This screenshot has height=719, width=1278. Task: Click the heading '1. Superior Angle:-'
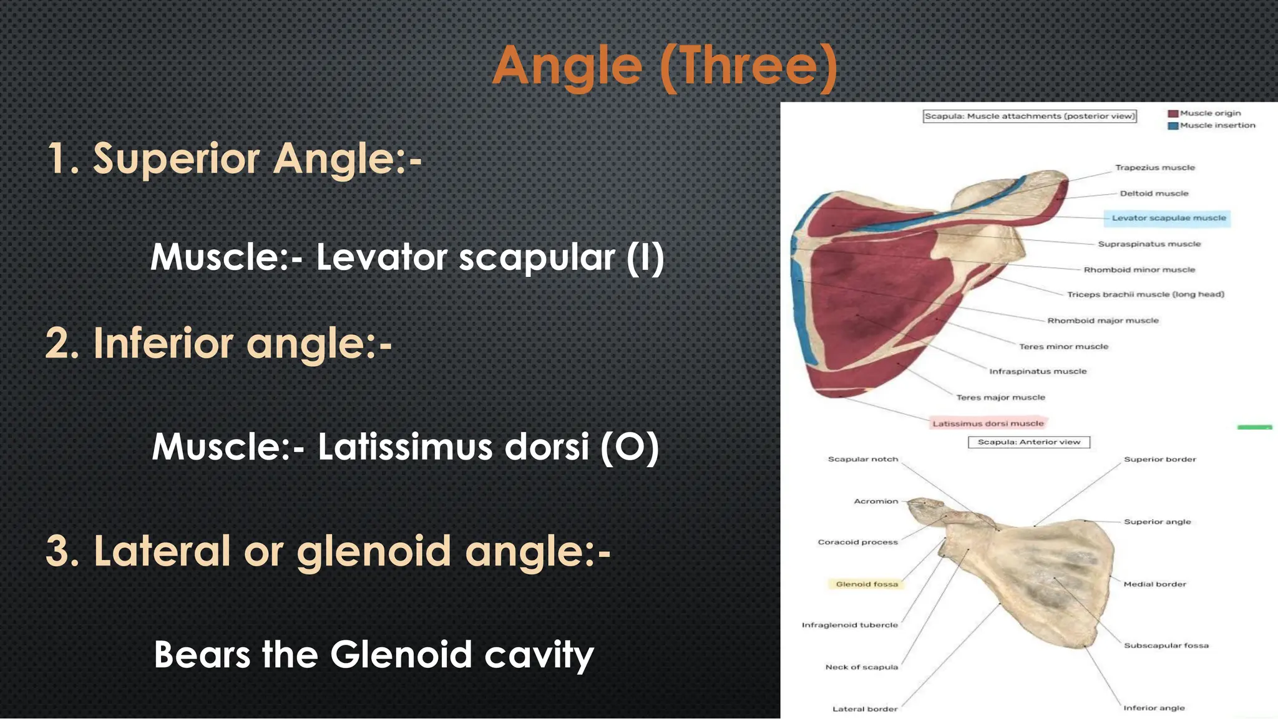point(235,158)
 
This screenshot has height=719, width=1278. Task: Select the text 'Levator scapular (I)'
point(490,257)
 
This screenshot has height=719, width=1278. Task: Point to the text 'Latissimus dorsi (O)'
point(488,446)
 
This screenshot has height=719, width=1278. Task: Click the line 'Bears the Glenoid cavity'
point(373,654)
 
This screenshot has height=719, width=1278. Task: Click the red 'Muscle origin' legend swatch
point(1173,113)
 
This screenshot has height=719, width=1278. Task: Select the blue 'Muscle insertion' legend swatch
point(1173,125)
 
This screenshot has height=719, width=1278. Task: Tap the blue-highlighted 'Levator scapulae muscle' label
point(1168,218)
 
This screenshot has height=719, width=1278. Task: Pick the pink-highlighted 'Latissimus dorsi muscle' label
point(988,423)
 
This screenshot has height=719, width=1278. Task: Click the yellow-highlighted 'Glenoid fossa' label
point(866,584)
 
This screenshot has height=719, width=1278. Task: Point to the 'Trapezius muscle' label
point(1154,168)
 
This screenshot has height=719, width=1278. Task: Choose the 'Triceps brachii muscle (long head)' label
point(1145,294)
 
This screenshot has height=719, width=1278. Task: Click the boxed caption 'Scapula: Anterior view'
point(1028,442)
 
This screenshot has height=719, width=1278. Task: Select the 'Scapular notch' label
point(862,459)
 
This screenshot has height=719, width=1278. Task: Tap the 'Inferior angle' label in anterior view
point(1153,708)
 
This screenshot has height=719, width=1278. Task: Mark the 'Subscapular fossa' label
point(1166,645)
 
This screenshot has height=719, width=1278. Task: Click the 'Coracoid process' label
point(857,542)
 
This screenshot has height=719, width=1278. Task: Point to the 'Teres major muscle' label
point(1000,397)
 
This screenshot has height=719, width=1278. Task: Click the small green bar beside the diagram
point(1254,427)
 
